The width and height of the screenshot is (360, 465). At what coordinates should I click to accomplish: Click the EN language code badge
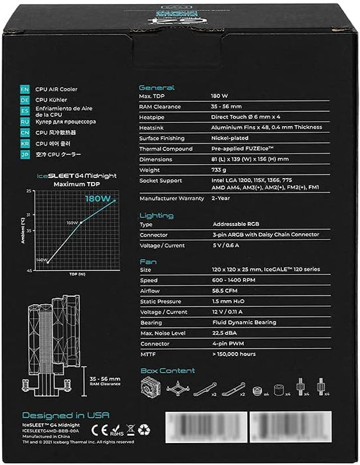(x=25, y=88)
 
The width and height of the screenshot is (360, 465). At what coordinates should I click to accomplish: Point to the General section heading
(x=156, y=88)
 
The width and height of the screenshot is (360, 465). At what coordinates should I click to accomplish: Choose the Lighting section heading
(x=156, y=215)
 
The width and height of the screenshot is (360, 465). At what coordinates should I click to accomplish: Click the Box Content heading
(x=167, y=371)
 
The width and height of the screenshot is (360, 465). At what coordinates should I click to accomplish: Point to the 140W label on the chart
(x=41, y=260)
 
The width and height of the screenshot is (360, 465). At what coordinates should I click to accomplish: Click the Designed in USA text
(x=56, y=415)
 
